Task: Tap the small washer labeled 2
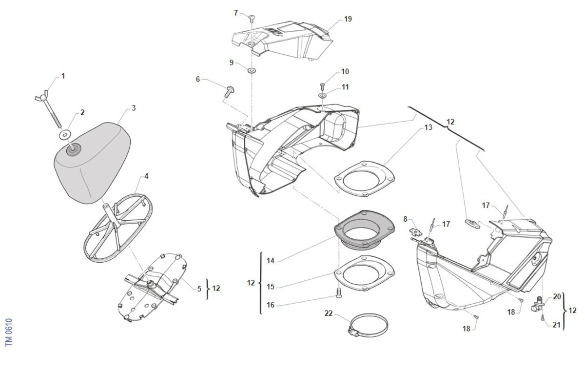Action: tap(64, 133)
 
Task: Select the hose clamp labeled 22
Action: tap(369, 323)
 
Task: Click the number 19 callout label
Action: tap(348, 19)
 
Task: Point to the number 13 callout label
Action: tap(428, 128)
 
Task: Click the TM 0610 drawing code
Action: tap(8, 333)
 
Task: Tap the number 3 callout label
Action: tap(134, 107)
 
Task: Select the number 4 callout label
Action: tap(146, 176)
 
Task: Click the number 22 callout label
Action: tap(329, 313)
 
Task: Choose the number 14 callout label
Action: tap(271, 261)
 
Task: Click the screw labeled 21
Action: tap(542, 318)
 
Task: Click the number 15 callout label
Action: tap(271, 287)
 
